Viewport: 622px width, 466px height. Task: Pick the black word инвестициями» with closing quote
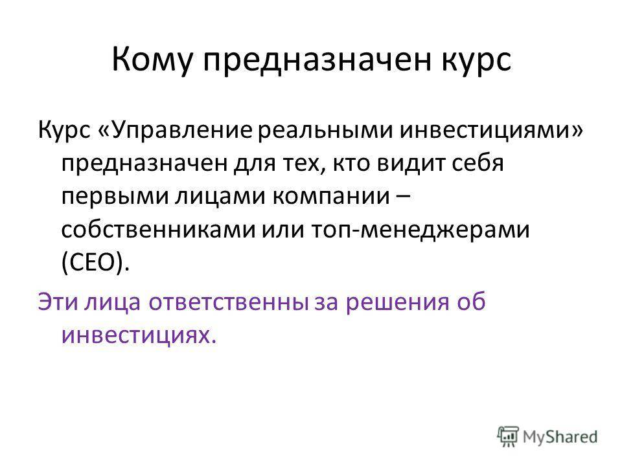coord(491,131)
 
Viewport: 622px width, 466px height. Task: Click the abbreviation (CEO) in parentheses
coord(96,263)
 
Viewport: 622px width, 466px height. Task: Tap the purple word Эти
coord(57,302)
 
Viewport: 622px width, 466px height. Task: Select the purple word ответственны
coord(229,302)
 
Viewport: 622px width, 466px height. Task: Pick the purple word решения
coord(397,302)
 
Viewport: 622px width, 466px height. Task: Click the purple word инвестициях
coord(139,336)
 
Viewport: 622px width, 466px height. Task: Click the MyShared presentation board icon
coord(508,437)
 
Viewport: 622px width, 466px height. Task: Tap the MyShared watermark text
coord(560,437)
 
